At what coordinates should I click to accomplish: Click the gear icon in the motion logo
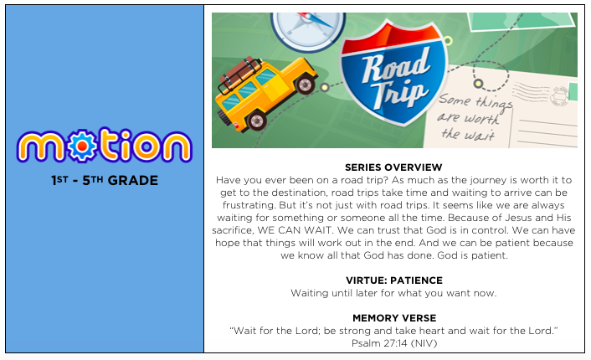(83, 145)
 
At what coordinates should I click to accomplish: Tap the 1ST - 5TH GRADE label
(105, 181)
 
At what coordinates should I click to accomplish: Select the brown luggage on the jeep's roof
(240, 73)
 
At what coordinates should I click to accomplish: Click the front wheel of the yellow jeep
(305, 84)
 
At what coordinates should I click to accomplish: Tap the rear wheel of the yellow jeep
(257, 121)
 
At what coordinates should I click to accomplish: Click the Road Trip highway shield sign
(394, 72)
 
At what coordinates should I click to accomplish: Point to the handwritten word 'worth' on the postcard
(483, 119)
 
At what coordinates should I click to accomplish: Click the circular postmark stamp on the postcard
(560, 95)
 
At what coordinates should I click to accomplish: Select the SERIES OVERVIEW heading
(393, 167)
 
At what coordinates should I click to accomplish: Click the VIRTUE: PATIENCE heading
(394, 280)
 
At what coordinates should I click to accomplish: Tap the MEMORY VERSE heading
(394, 318)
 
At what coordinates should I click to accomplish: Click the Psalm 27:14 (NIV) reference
(394, 343)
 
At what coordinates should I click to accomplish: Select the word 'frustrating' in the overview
(249, 205)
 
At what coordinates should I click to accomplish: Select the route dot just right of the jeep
(325, 87)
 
